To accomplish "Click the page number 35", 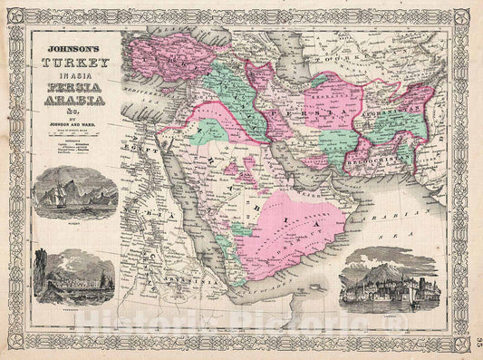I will coord(474,341).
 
